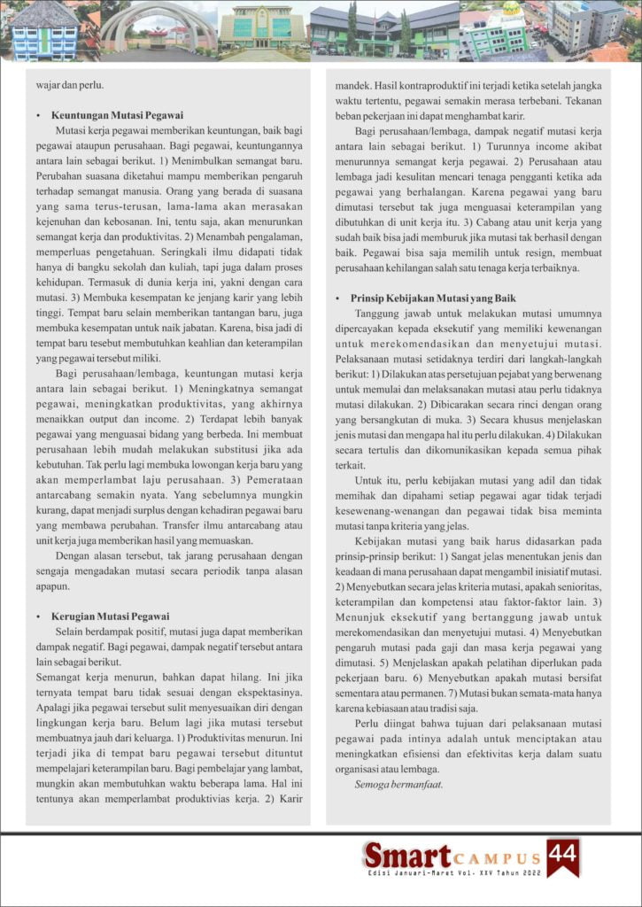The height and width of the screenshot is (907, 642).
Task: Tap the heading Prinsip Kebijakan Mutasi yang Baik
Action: coord(433,298)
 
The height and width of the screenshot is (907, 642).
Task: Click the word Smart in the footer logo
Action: coord(407,856)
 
